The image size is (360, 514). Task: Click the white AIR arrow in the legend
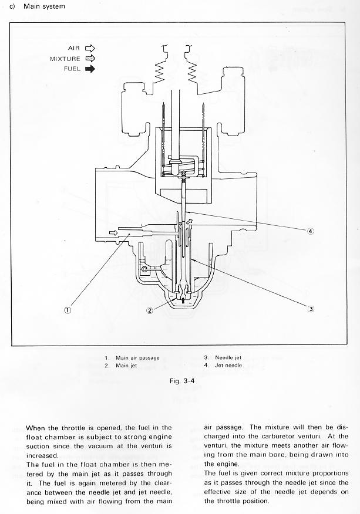point(90,49)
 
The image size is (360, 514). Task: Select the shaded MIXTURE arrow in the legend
point(90,59)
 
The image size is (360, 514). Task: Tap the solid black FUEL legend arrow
point(90,69)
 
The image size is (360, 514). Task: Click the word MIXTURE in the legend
point(65,59)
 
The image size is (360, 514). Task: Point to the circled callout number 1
point(68,310)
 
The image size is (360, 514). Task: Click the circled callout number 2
point(150,310)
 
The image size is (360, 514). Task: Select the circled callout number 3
point(311,309)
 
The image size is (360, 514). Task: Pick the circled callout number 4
point(311,231)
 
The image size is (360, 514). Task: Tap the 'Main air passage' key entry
point(137,358)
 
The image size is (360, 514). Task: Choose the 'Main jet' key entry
point(126,366)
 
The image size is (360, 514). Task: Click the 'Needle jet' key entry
point(228,358)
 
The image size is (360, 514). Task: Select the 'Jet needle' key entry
point(228,365)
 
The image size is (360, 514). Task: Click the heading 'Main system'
point(44,6)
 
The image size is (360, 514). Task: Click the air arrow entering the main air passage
point(113,232)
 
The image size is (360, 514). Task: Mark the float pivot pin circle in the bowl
point(144,269)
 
